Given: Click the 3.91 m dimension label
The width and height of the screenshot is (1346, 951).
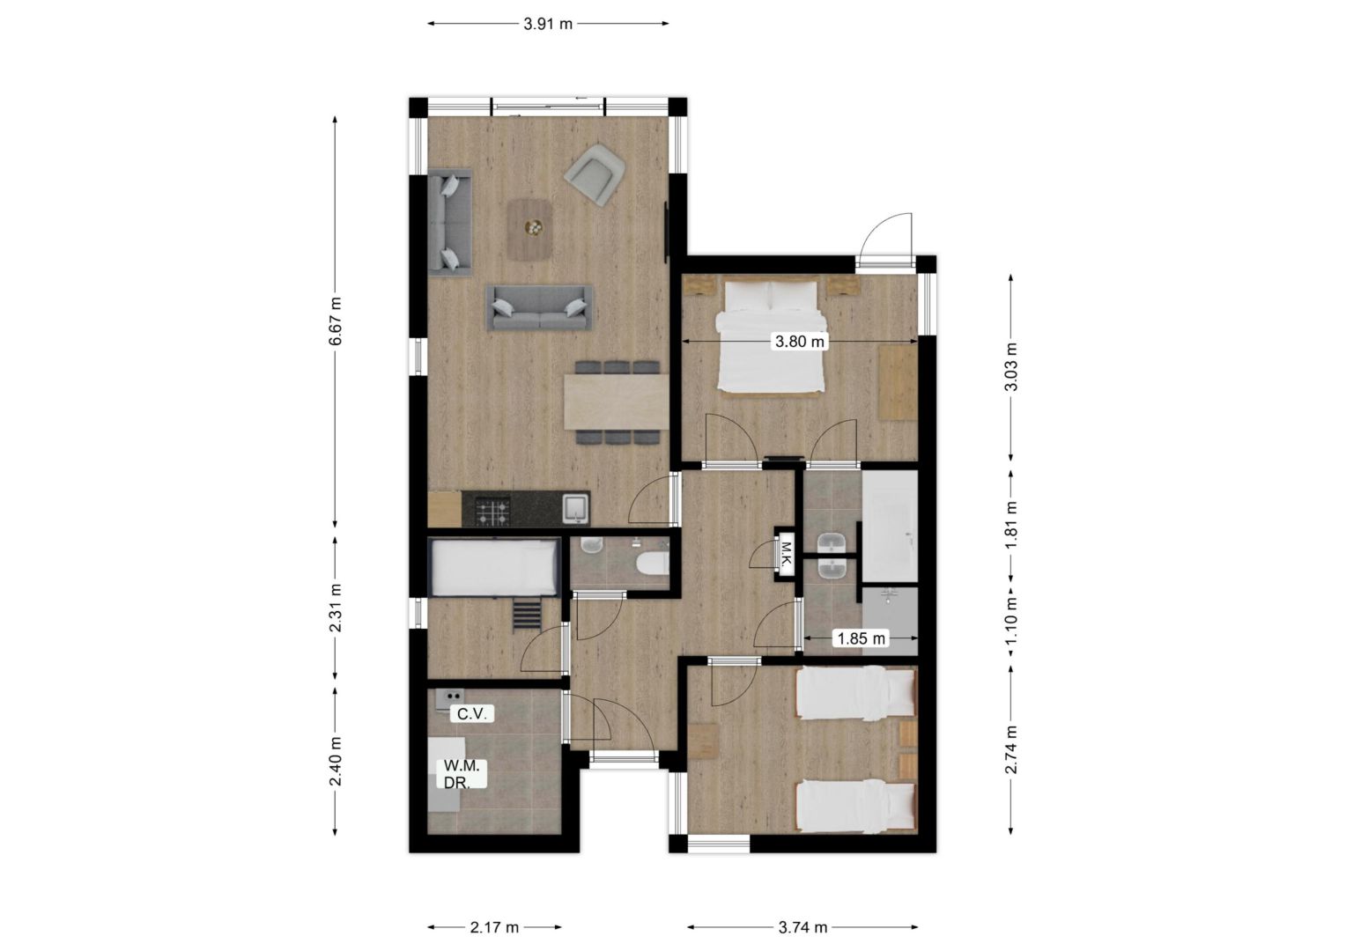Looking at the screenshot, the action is point(547,24).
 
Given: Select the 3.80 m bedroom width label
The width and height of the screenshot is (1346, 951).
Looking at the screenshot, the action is point(800,342).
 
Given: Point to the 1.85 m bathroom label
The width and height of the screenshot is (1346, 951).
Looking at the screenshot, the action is point(862,638).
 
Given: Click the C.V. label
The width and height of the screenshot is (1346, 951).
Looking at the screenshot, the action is point(473,714).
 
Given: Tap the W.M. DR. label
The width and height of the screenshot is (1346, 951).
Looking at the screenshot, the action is point(462,774).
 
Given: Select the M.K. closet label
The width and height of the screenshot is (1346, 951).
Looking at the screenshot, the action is point(786,555).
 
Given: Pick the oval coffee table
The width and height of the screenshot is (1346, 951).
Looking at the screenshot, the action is point(529,230).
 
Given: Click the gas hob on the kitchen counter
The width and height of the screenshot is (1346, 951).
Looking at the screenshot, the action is point(492,510).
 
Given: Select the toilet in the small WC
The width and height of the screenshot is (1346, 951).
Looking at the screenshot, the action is point(652,564).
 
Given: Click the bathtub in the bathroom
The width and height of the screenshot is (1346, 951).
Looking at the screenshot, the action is point(890,527).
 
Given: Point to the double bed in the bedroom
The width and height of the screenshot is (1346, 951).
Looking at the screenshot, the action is point(771,335).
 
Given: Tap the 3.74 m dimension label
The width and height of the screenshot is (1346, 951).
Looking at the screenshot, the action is point(802,927).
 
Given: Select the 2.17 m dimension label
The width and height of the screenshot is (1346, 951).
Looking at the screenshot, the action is point(494,927).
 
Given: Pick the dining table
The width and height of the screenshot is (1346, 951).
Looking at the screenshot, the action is point(617,402).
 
